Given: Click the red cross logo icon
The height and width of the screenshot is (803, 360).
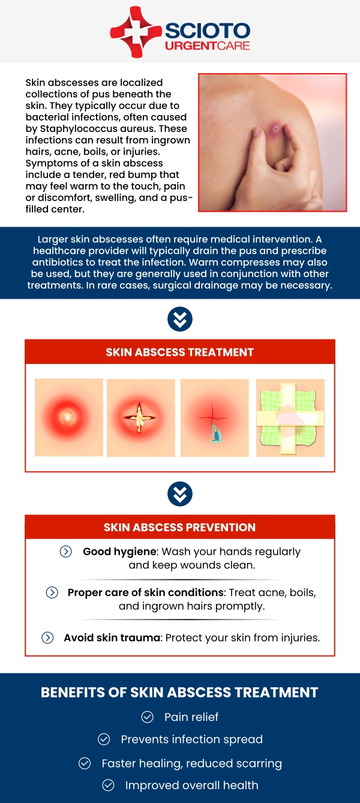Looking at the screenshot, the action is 136,32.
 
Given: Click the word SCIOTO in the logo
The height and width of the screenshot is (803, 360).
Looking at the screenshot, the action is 208,31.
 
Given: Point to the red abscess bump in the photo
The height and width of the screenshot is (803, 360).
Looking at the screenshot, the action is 275,129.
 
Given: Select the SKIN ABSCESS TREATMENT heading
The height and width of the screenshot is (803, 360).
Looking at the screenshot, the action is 179,352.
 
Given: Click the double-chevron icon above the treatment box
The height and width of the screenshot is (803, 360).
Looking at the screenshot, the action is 180,319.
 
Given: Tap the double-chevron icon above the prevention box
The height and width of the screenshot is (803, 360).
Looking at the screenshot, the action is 180,494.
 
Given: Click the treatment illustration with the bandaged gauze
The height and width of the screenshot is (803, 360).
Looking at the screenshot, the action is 290,417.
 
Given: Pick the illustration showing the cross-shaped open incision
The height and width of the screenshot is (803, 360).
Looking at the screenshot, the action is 141,417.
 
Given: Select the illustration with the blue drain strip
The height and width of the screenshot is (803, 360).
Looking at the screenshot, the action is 214,417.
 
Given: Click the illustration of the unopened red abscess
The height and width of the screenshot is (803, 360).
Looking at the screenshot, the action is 69,417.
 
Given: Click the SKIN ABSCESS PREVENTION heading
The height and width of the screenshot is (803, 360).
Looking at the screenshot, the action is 179,527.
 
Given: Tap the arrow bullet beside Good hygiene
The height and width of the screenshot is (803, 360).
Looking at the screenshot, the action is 65,551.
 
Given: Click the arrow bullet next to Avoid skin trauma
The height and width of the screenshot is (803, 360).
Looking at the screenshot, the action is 47,637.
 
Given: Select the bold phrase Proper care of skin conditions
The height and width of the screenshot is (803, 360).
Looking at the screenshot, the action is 146,593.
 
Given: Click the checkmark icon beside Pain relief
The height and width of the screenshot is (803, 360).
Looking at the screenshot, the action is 148,717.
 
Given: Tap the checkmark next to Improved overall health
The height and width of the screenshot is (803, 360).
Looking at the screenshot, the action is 108,786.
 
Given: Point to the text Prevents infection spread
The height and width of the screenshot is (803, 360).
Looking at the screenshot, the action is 192,739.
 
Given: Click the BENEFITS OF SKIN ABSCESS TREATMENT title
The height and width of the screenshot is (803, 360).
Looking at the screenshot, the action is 179,692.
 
